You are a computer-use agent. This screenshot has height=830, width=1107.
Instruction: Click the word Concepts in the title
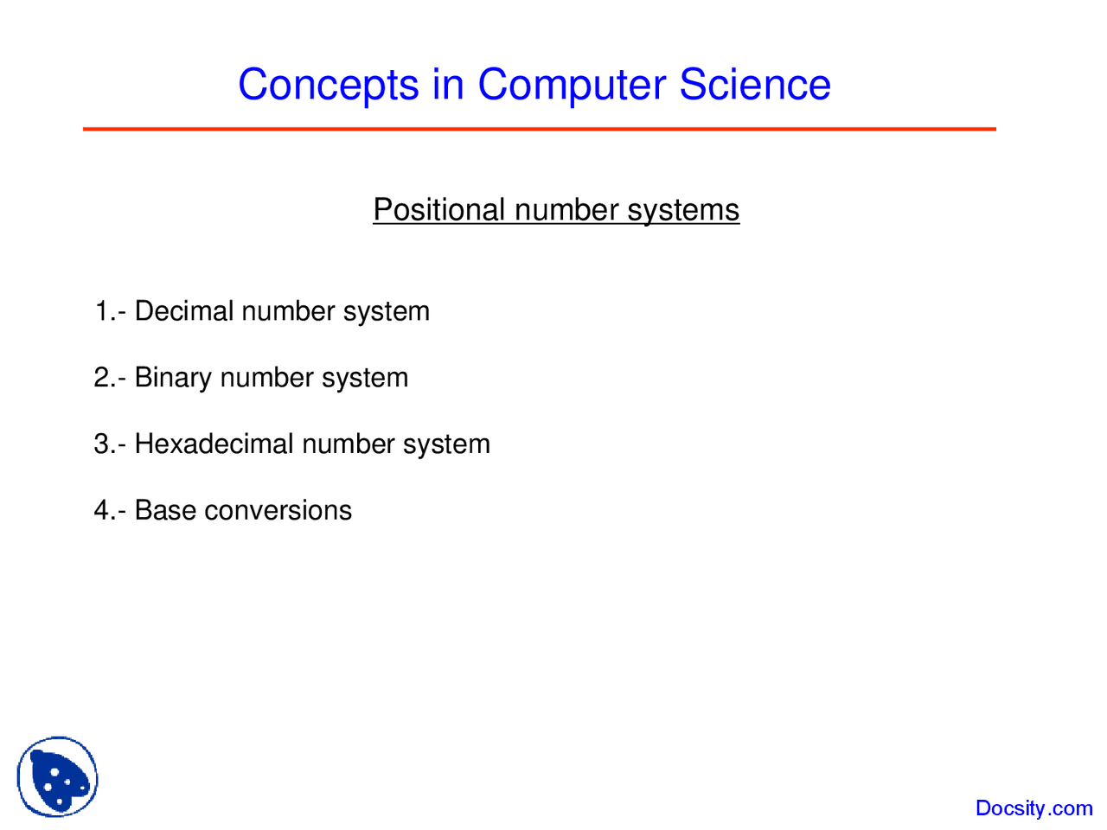coord(328,86)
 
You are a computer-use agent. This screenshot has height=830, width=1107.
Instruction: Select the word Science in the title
coord(754,86)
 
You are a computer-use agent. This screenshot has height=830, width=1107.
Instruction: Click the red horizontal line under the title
coord(539,129)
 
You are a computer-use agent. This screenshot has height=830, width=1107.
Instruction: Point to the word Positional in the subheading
coord(439,210)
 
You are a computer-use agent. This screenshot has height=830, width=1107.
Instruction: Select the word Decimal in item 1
coord(184,311)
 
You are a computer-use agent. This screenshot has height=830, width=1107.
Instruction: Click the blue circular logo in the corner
coord(57,776)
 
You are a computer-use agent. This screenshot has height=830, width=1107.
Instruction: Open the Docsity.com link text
coord(1033,808)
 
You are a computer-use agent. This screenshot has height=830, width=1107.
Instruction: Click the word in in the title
coord(448,86)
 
